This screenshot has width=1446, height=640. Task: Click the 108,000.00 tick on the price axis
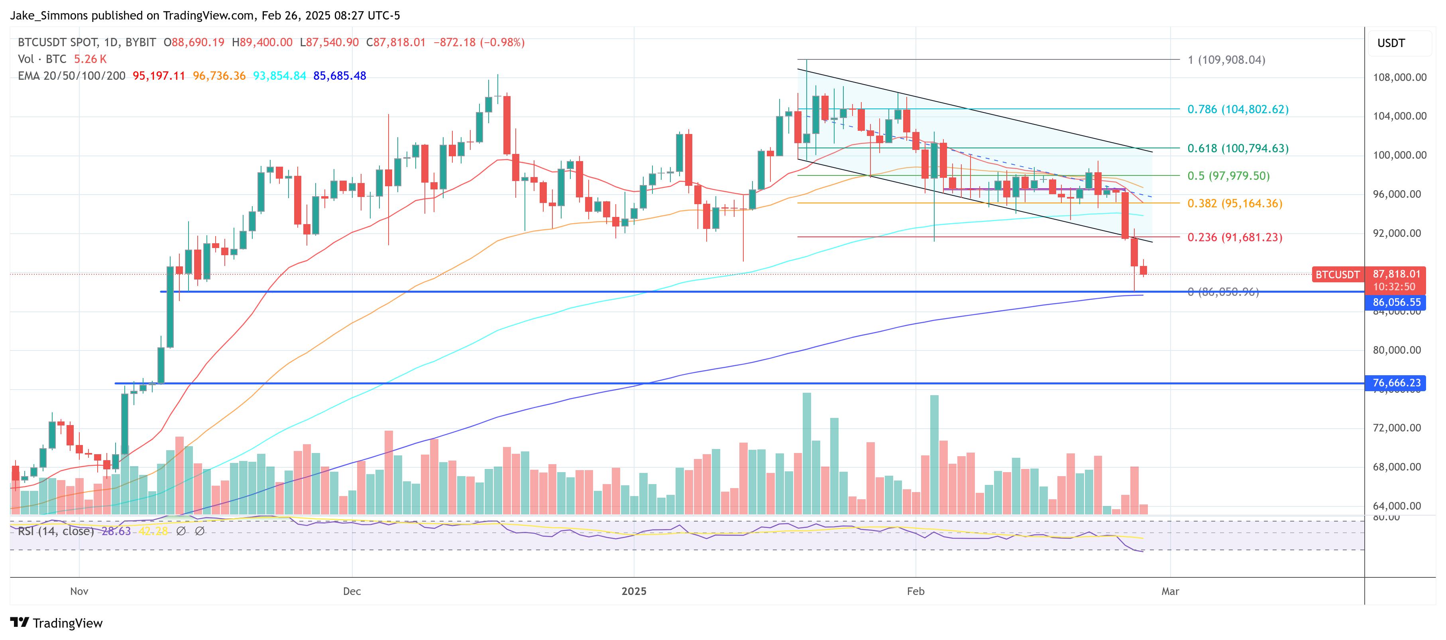(1399, 77)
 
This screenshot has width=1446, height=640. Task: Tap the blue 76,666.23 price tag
(1396, 383)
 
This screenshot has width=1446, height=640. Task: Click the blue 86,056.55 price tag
(1396, 302)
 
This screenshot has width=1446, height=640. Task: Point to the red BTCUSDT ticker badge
(1337, 274)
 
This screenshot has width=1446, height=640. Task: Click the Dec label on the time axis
(352, 591)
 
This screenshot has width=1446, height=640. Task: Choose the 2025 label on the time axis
(634, 591)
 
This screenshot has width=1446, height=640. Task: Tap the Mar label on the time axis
(1170, 591)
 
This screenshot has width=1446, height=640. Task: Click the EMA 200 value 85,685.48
(340, 76)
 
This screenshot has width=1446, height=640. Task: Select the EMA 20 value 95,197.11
(159, 76)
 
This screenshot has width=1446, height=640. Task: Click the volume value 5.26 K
(90, 59)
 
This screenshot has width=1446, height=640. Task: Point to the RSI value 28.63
(116, 531)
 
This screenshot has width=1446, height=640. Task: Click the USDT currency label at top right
(1391, 43)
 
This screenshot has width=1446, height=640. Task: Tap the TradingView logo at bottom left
(56, 623)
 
